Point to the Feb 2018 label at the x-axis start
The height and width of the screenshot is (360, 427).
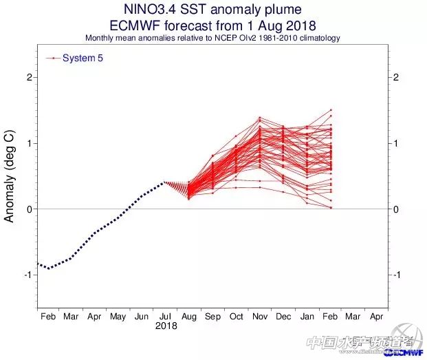point(47,317)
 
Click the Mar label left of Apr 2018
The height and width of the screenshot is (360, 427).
point(71,317)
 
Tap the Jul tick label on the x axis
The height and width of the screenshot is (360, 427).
point(164,317)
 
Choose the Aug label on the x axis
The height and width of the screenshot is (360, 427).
point(188,317)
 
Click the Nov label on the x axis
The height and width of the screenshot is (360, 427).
point(259,317)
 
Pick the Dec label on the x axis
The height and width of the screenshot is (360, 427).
point(283,317)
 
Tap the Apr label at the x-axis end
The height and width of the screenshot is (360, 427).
point(376,317)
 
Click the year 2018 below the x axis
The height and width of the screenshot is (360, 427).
point(166,326)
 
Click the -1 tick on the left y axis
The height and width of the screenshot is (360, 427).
point(28,275)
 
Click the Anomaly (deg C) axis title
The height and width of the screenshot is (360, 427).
point(10,176)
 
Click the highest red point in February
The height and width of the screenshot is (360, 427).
point(331,110)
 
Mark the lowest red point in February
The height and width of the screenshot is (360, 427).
point(331,207)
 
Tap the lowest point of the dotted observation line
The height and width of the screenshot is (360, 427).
point(47,268)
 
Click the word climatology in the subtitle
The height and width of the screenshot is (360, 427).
point(315,39)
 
